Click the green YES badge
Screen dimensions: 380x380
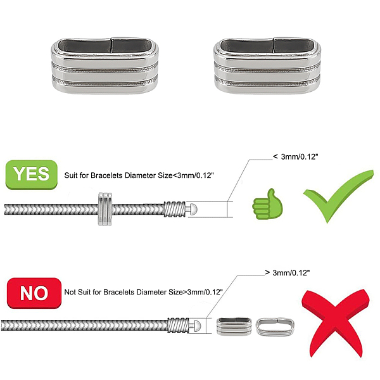(32, 175)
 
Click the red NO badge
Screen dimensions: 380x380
(34, 293)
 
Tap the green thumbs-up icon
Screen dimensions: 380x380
(267, 204)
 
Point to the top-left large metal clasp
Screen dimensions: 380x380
(104, 65)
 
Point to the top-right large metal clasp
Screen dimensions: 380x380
(267, 65)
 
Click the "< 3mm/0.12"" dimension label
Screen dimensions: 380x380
(295, 156)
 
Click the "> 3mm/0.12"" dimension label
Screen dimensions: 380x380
(288, 272)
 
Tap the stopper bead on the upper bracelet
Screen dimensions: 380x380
(105, 209)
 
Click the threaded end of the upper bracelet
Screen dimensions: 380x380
(175, 209)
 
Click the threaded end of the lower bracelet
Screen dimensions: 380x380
(178, 326)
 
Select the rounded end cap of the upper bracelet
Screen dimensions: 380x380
(193, 209)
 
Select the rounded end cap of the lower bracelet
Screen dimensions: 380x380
(196, 326)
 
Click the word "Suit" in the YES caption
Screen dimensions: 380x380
(70, 175)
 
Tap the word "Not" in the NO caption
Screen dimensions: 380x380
(70, 292)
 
